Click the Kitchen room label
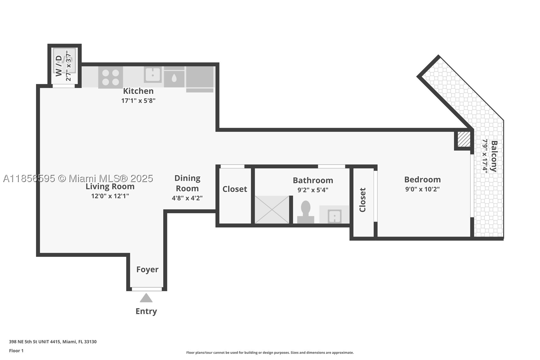point(138,91)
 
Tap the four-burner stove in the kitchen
point(111,77)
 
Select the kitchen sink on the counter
point(153,75)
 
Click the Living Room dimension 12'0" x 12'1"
point(110,196)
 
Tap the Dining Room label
point(187,183)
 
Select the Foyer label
point(147,269)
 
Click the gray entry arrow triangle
point(146,298)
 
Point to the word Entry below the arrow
point(146,311)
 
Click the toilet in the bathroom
point(305,212)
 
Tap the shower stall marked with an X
point(272,209)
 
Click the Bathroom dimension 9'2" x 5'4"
point(313,190)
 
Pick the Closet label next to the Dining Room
point(235,189)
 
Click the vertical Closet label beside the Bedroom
point(362,200)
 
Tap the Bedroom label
point(422,180)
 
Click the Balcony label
point(494,156)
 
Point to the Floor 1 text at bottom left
point(17,351)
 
